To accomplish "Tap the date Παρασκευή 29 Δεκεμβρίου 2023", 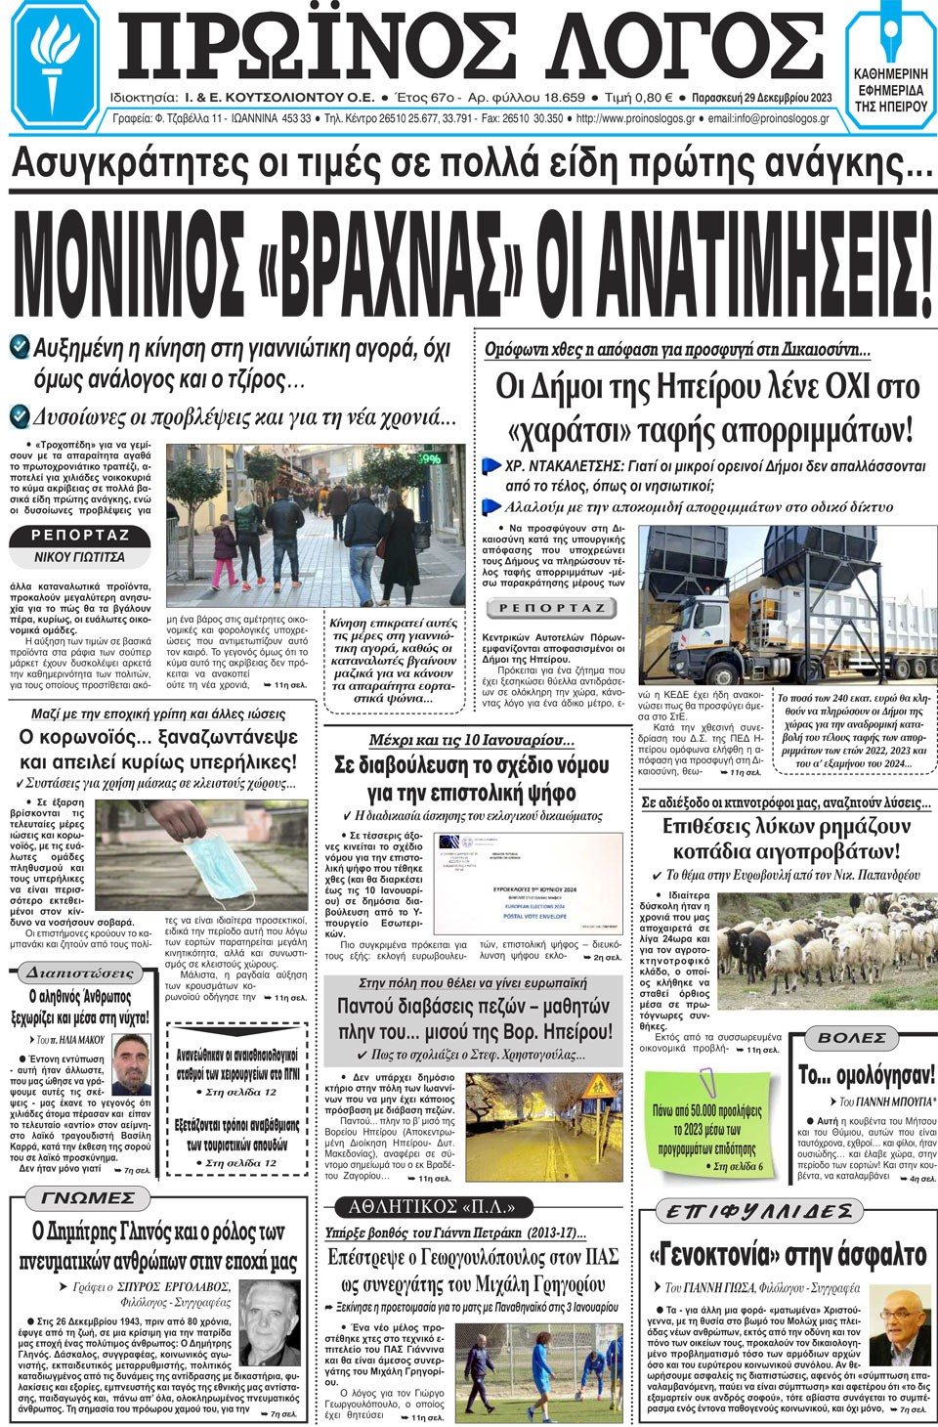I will click(761, 98).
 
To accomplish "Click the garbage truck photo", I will click(786, 606).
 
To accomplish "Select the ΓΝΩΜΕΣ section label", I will click(88, 1198).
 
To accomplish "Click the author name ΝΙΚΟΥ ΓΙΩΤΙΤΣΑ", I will click(79, 557).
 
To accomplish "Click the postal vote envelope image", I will click(528, 883).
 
